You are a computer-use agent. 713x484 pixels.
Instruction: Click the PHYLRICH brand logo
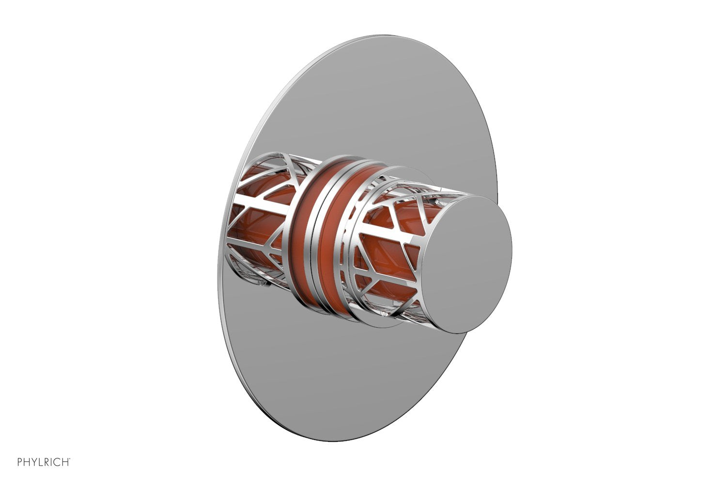click(44, 462)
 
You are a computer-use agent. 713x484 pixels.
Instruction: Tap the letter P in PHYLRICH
click(20, 462)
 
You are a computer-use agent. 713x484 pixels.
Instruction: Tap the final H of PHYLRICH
click(65, 462)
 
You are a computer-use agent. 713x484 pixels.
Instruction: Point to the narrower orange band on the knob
click(339, 242)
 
